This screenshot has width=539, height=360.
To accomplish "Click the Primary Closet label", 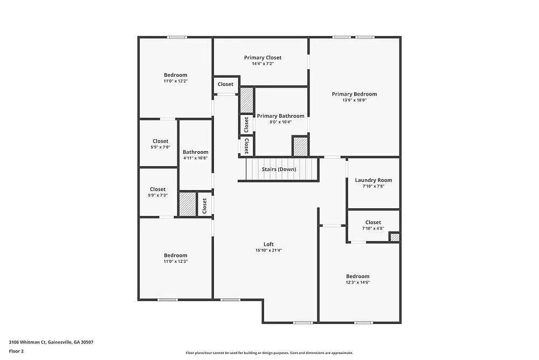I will (x=262, y=58).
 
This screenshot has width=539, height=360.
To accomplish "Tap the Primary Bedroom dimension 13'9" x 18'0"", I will (x=354, y=100).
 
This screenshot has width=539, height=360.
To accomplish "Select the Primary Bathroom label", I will (x=280, y=116).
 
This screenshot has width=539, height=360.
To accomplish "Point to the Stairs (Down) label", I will (x=279, y=169).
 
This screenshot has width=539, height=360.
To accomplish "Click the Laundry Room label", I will (x=374, y=180).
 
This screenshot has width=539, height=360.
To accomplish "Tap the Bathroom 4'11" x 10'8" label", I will (x=195, y=152).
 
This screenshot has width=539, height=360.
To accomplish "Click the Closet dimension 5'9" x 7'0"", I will (x=160, y=147).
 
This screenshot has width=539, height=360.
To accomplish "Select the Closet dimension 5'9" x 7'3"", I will (x=158, y=195).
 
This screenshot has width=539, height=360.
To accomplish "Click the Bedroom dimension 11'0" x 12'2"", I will (x=176, y=81).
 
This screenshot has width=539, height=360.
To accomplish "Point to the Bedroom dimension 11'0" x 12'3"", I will (x=176, y=261).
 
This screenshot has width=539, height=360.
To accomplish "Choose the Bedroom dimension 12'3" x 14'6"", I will (x=358, y=282).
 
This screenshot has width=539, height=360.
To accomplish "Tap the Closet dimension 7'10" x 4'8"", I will (x=373, y=228).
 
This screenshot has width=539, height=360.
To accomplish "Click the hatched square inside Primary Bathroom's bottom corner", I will (x=300, y=146).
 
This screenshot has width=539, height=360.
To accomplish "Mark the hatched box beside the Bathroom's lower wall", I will (x=188, y=204).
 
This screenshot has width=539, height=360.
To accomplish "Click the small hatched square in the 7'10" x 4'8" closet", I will (x=395, y=237).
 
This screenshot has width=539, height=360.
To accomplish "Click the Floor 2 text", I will (x=16, y=351).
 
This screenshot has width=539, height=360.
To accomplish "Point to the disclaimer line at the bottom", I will (x=269, y=353).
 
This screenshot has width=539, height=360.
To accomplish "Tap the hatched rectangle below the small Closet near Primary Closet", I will (x=247, y=100).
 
